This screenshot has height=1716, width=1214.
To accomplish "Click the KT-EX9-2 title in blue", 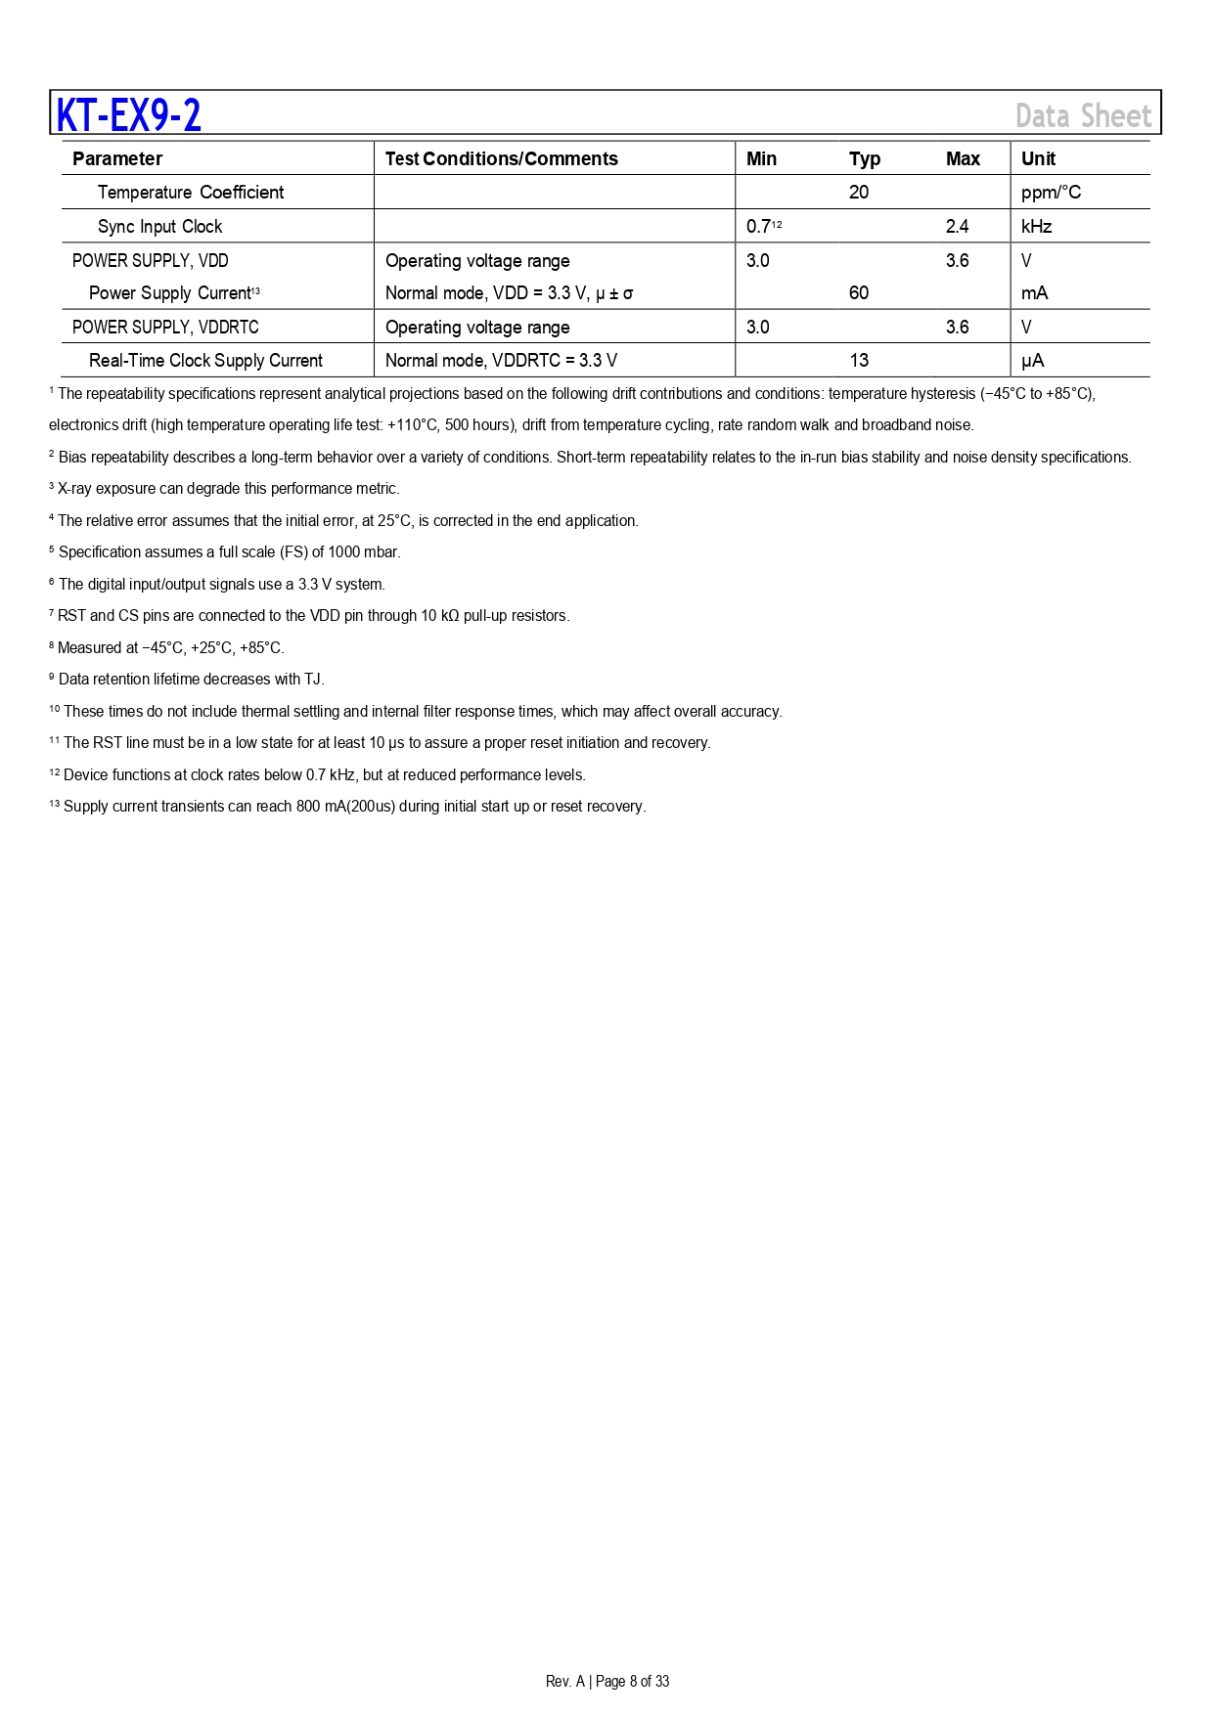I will pyautogui.click(x=129, y=115).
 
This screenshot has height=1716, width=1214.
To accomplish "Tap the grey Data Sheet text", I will pyautogui.click(x=1083, y=116).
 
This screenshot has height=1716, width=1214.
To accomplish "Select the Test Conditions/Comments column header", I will pyautogui.click(x=501, y=159).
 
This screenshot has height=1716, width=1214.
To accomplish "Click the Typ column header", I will pyautogui.click(x=864, y=159).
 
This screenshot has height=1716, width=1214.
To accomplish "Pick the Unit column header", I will pyautogui.click(x=1038, y=159).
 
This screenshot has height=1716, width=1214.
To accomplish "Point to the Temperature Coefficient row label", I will pyautogui.click(x=191, y=193).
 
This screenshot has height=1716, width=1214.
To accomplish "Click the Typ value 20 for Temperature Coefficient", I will pyautogui.click(x=859, y=193).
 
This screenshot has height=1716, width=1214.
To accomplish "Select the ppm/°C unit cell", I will pyautogui.click(x=1051, y=193).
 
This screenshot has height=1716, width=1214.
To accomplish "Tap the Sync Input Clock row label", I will pyautogui.click(x=159, y=227).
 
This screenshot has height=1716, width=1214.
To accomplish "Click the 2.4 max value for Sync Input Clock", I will pyautogui.click(x=957, y=227).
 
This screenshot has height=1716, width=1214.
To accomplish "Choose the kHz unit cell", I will pyautogui.click(x=1036, y=227).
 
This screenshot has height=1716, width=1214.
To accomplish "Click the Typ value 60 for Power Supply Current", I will pyautogui.click(x=859, y=293).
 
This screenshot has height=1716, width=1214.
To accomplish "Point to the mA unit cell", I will pyautogui.click(x=1034, y=293).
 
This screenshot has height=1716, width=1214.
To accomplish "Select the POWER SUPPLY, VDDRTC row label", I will pyautogui.click(x=165, y=328).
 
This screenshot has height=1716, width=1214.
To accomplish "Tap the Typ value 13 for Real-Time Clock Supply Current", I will pyautogui.click(x=859, y=361).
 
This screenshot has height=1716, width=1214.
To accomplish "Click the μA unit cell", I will pyautogui.click(x=1032, y=361).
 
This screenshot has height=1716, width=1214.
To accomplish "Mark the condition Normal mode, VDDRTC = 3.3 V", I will pyautogui.click(x=501, y=361).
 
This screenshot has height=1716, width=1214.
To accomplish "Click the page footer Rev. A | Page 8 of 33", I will pyautogui.click(x=607, y=1681).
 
